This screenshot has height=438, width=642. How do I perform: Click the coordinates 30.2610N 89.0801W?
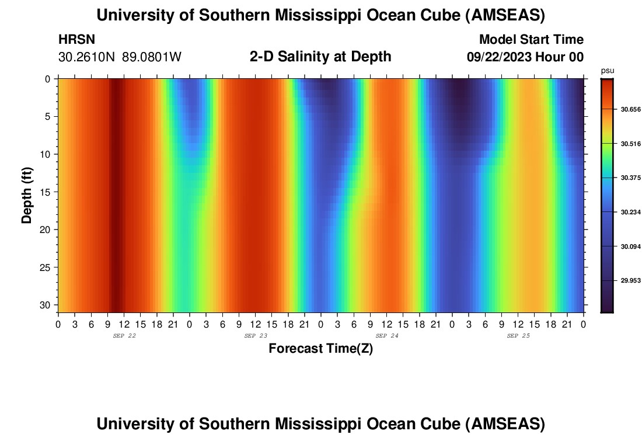pos(120,57)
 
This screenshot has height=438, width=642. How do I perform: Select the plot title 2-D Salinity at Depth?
pos(320,57)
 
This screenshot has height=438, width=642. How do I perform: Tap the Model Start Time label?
pos(531,40)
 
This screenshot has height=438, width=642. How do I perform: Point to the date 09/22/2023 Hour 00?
pos(525,57)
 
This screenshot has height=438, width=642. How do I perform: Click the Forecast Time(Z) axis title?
pos(320,349)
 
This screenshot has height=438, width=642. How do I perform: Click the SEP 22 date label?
pos(124,336)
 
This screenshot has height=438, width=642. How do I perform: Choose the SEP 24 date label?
pos(386,336)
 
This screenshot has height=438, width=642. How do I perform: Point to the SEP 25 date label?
pos(518,336)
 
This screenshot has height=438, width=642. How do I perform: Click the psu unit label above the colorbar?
pos(608,71)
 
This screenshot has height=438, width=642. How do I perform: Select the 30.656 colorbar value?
pos(631,109)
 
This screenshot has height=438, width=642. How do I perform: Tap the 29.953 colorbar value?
pos(631,280)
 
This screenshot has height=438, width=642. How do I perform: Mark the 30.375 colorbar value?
pos(631,178)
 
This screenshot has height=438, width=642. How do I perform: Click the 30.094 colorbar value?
pos(631,246)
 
